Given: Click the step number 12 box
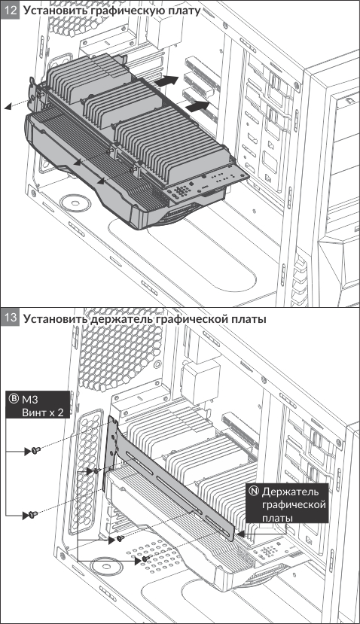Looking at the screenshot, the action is pyautogui.click(x=10, y=10).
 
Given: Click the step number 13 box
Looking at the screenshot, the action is pyautogui.click(x=10, y=318).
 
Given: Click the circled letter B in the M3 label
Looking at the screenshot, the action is pyautogui.click(x=14, y=399).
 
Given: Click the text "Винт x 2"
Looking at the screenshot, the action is pyautogui.click(x=43, y=412).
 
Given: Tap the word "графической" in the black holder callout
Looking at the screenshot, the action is pyautogui.click(x=294, y=504).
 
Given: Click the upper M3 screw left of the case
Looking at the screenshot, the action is pyautogui.click(x=36, y=450).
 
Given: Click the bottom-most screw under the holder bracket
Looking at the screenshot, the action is pyautogui.click(x=146, y=559).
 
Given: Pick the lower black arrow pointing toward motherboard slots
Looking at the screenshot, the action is pyautogui.click(x=197, y=106).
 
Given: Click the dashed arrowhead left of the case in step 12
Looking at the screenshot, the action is pyautogui.click(x=7, y=107).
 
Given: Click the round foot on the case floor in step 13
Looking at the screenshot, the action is pyautogui.click(x=105, y=567).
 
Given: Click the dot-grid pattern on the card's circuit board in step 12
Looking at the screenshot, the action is pyautogui.click(x=182, y=190).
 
